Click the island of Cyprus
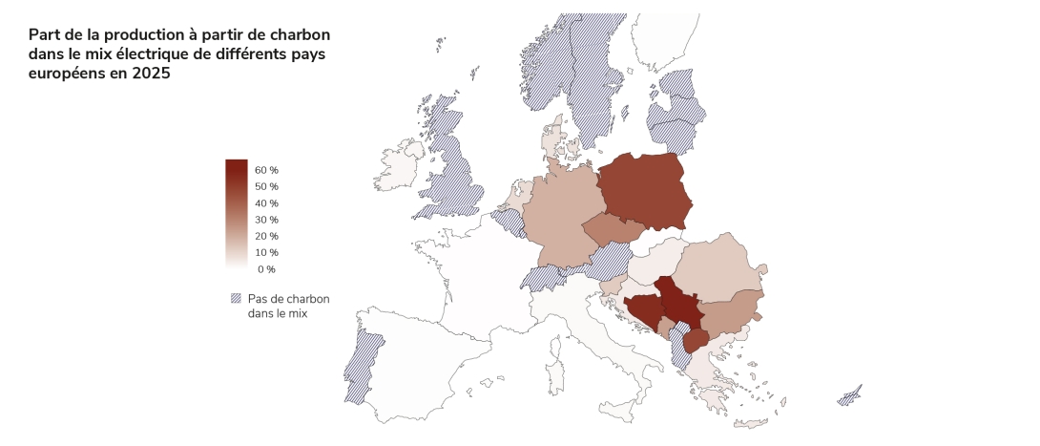pos(848,396)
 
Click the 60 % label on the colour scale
pos(266,170)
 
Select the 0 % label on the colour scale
pos(266,269)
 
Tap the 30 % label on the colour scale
pos(266,220)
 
